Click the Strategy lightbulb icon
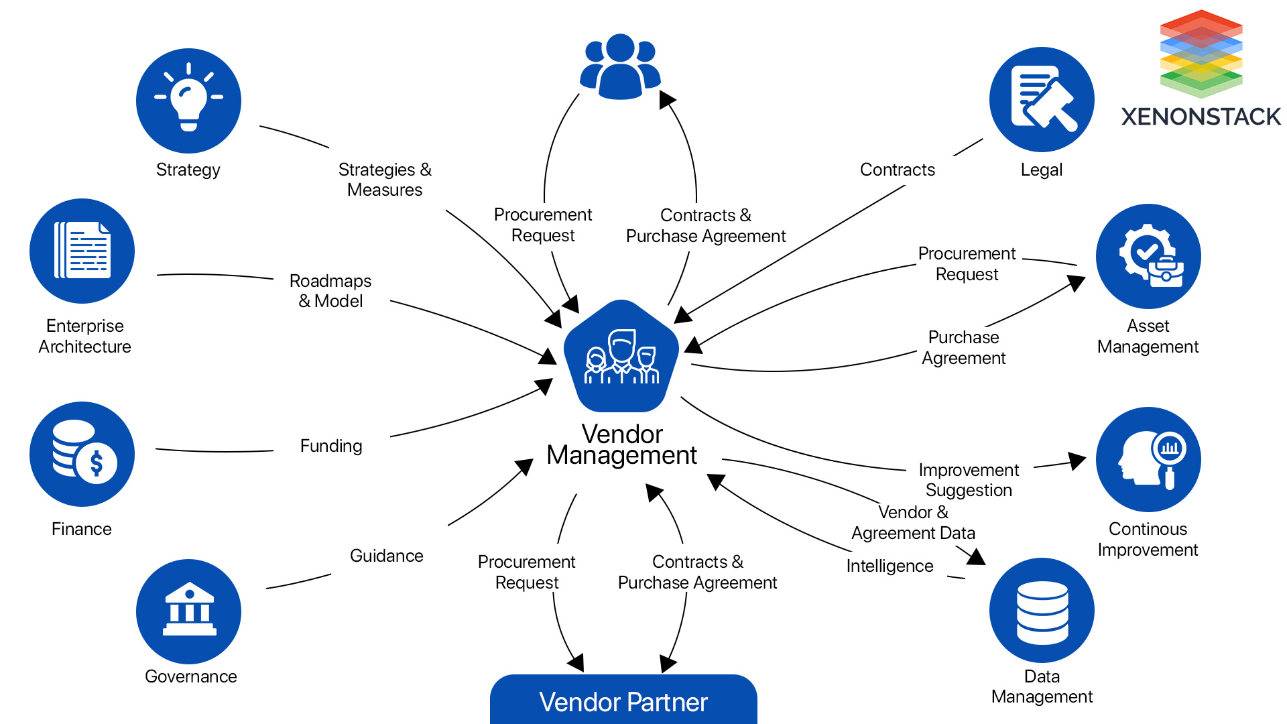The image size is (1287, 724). (x=188, y=101)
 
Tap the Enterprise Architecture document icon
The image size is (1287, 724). (x=82, y=251)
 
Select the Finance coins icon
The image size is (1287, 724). (x=82, y=454)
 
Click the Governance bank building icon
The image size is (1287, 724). (x=188, y=611)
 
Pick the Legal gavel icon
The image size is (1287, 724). (x=1042, y=99)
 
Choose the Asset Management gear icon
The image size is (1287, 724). (x=1148, y=256)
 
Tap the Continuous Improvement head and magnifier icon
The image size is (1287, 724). (x=1148, y=459)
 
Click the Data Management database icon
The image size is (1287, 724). (x=1042, y=611)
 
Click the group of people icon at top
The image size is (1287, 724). (x=620, y=67)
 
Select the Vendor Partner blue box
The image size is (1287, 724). (x=623, y=701)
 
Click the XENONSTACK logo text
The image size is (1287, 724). (x=1201, y=117)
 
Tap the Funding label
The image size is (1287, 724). (x=331, y=446)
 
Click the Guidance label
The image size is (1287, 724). (x=386, y=556)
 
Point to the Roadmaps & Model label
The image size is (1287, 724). (x=330, y=291)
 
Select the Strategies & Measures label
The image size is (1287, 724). (x=385, y=180)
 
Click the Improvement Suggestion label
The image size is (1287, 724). (x=969, y=480)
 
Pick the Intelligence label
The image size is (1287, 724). (x=890, y=566)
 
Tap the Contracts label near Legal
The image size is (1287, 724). (x=897, y=170)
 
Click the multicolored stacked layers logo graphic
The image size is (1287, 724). (x=1201, y=54)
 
